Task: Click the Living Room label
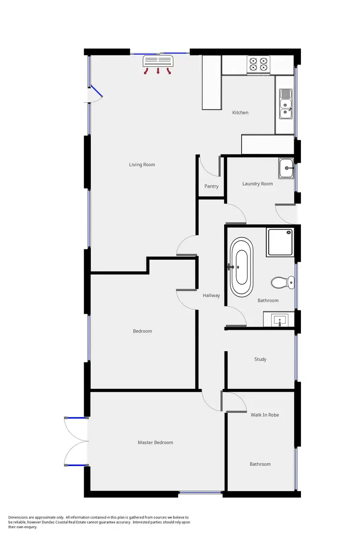142,165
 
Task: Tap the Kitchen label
240,112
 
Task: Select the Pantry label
211,186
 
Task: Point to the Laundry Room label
257,183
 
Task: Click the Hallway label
211,295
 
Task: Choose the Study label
260,359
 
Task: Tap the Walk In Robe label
264,415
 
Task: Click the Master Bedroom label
155,443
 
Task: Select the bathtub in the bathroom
240,267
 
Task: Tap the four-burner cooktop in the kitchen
258,64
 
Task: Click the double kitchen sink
286,104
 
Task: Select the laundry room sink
287,168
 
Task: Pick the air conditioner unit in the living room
158,60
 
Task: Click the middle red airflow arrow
158,72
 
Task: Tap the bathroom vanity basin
279,319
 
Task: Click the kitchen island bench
212,82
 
